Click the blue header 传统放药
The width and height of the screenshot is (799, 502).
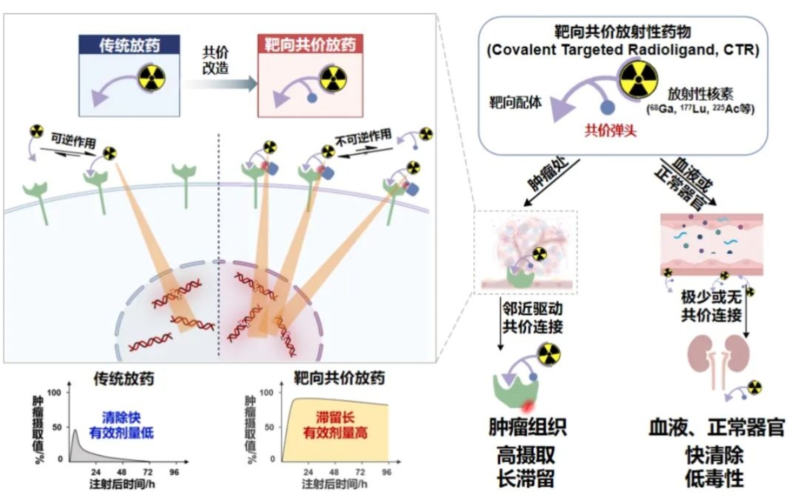coord(129,45)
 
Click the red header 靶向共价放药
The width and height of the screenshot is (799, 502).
coord(310,44)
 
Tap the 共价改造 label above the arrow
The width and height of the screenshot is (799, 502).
coord(216,60)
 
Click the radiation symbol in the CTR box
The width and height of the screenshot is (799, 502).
coord(638,79)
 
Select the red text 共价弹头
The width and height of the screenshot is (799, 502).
coord(610,130)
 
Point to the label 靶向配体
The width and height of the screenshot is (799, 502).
coord(515,102)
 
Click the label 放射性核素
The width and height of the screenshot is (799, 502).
coord(700,95)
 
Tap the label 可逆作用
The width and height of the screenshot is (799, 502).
coord(73,140)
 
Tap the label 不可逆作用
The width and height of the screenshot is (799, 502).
coord(364,138)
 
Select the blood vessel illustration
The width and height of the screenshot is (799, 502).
coord(712,244)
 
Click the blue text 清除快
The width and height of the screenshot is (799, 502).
coord(122,417)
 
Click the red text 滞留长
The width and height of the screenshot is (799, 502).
coord(335,417)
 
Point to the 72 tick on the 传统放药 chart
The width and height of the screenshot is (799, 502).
coord(148,472)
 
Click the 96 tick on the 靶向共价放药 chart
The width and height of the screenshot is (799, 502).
coord(387,472)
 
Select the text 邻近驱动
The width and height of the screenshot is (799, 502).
coord(532,309)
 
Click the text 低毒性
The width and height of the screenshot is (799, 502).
coord(714,478)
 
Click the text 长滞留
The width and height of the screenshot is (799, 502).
coord(526,478)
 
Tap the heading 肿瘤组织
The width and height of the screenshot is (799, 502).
coord(527,427)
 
